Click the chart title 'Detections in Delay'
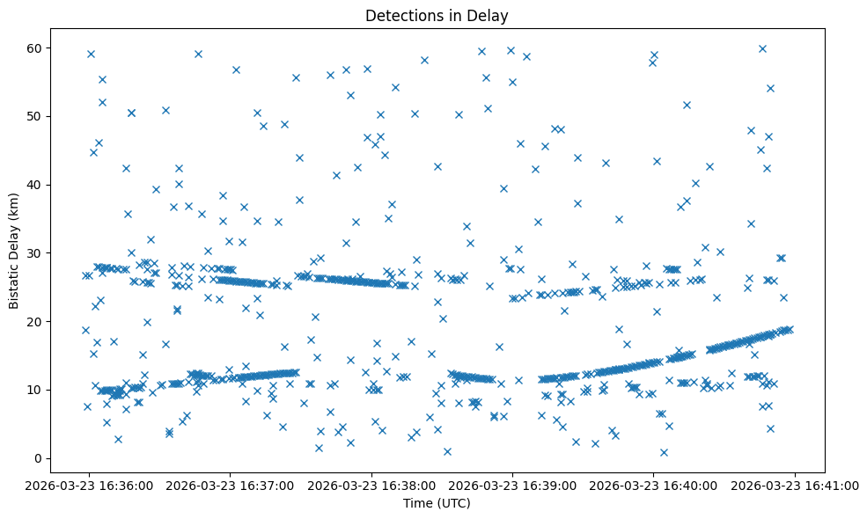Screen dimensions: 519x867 [x=437, y=16]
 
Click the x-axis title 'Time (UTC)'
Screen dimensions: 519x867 [x=437, y=503]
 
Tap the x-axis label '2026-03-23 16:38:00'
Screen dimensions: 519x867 [x=371, y=485]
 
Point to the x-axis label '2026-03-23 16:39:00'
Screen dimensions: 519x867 [x=512, y=485]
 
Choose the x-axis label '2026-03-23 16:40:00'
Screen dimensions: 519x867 [x=653, y=485]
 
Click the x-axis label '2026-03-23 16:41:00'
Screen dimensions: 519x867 [x=795, y=485]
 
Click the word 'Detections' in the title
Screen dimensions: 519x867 [x=400, y=16]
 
